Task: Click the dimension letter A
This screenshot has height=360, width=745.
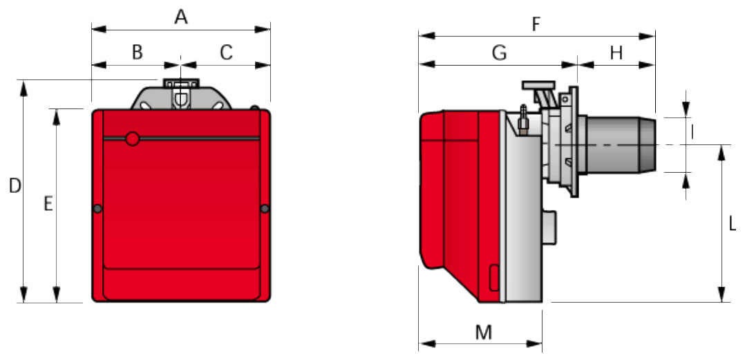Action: click(181, 17)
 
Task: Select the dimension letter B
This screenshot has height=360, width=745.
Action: click(138, 53)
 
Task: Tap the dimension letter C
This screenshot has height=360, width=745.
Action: click(227, 53)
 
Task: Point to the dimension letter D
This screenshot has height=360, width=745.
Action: click(15, 186)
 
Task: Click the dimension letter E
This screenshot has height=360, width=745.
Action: click(48, 204)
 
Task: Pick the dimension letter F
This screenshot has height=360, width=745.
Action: click(536, 25)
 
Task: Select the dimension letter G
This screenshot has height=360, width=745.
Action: click(500, 53)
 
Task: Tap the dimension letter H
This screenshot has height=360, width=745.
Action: click(616, 53)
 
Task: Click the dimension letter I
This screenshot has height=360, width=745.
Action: click(692, 133)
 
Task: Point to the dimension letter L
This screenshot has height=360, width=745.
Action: click(732, 224)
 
